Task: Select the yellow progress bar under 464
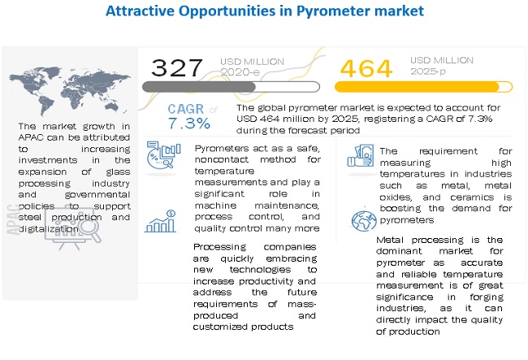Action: (417, 86)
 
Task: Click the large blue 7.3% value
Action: (189, 124)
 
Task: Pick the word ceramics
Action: (461, 197)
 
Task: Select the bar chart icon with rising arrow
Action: (160, 221)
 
